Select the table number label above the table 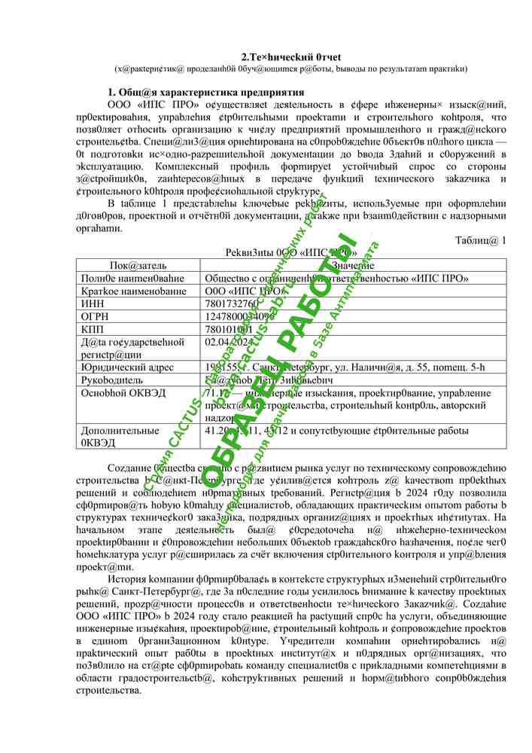[481, 240]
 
